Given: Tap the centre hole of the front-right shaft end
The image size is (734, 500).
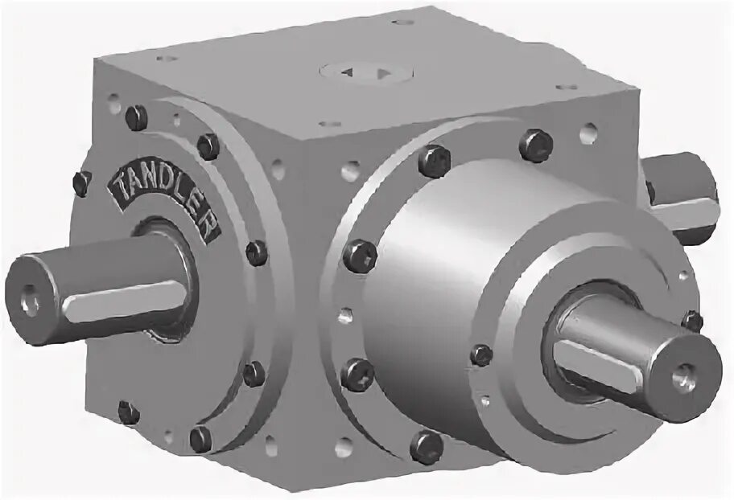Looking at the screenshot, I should (686, 373).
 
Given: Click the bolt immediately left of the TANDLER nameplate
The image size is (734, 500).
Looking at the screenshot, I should (82, 182).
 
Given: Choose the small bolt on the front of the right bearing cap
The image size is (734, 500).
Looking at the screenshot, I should (482, 355).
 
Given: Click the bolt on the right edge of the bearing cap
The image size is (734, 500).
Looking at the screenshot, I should (691, 321).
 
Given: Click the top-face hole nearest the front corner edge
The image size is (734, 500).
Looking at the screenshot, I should (330, 124).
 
